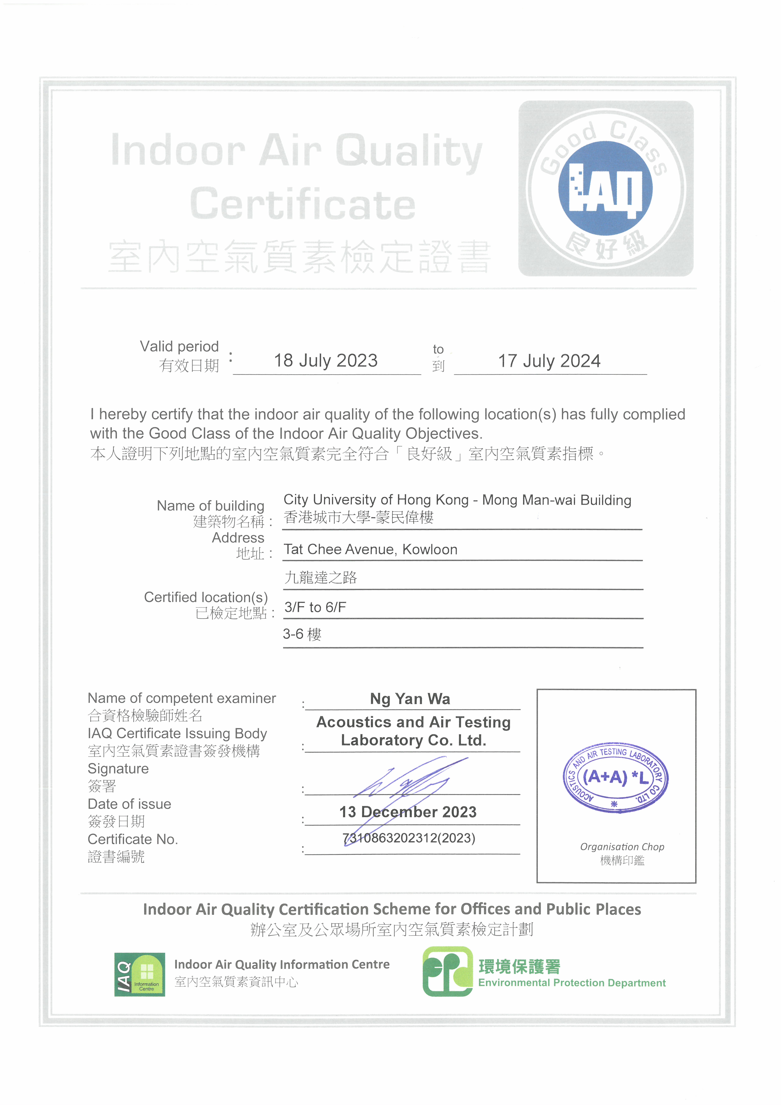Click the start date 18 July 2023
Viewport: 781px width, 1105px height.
(x=326, y=360)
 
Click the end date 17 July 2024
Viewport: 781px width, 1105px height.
(x=549, y=361)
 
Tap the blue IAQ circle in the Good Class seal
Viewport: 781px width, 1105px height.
(x=605, y=188)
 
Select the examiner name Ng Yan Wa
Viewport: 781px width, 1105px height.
(x=410, y=699)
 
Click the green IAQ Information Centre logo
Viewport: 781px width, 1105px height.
(x=140, y=975)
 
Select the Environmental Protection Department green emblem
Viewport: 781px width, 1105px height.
(x=447, y=971)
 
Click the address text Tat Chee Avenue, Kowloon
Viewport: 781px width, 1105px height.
(x=371, y=550)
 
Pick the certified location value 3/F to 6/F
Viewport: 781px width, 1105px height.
(x=315, y=607)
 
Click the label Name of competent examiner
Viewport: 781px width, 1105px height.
(x=181, y=698)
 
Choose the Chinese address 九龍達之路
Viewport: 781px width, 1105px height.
(x=320, y=577)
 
